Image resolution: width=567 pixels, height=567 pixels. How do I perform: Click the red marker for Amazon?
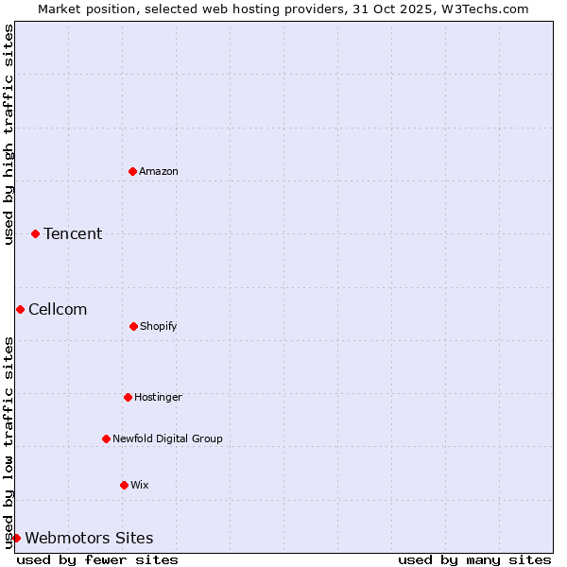[132, 171]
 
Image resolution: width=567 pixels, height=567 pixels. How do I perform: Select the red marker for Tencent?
[35, 233]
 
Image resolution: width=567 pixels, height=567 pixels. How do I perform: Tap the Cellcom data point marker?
[20, 309]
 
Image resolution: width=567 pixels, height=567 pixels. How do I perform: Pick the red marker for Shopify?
[133, 326]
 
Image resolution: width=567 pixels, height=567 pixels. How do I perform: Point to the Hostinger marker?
[128, 397]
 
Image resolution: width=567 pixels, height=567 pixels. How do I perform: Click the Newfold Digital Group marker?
[106, 438]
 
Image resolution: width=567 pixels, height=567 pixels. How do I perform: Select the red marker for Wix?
[124, 485]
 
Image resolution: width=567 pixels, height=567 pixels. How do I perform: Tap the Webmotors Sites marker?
[16, 538]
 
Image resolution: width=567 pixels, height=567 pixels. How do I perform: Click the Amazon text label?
[159, 171]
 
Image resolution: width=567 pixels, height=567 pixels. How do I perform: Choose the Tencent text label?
[73, 233]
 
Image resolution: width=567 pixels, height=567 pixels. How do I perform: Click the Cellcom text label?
[58, 309]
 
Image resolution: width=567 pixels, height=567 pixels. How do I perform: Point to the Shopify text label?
[159, 326]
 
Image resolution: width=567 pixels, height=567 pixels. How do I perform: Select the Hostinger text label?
[158, 397]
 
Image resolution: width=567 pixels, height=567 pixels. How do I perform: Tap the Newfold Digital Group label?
[168, 438]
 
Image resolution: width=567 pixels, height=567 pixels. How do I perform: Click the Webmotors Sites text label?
[89, 538]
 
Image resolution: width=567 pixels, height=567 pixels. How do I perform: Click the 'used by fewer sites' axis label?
[97, 559]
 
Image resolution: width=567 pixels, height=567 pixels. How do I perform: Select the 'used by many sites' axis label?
[474, 559]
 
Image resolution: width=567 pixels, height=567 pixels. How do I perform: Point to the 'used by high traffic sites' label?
[9, 134]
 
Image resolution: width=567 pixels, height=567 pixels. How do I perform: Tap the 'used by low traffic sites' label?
[9, 442]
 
